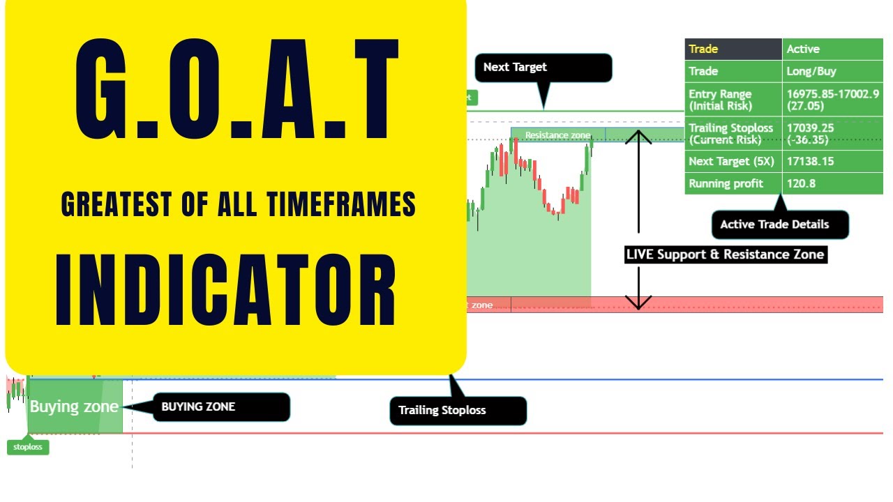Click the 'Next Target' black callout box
pos(543,68)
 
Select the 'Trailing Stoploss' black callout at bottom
pos(457,410)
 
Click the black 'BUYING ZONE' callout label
pos(220,406)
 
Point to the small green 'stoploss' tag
pos(28,447)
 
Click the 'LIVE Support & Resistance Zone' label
pos(725,254)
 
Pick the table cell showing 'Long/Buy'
pos(832,71)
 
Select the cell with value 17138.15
pos(832,161)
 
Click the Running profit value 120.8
pos(832,183)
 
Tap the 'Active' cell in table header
pos(832,49)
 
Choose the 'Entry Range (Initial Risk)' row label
pos(733,100)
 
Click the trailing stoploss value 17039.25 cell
pos(832,133)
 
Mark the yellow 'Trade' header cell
pos(733,49)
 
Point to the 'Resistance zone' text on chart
pos(557,135)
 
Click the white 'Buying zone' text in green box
pos(74,406)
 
